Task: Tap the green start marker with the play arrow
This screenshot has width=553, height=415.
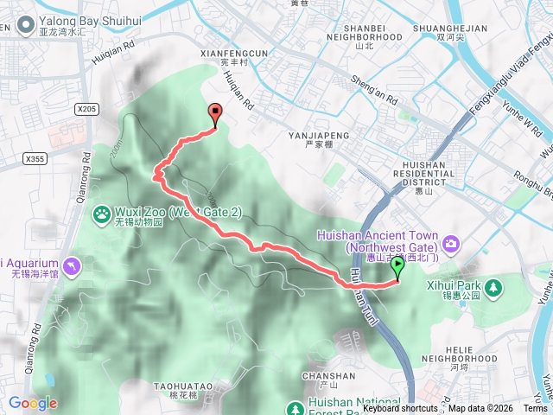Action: tap(397, 266)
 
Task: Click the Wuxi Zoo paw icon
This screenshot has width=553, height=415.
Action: tap(102, 212)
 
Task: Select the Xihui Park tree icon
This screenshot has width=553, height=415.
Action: tap(493, 285)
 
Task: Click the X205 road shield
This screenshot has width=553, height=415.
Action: tap(86, 109)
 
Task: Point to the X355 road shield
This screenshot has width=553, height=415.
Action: tap(35, 158)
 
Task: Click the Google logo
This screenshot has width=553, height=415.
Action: tap(33, 403)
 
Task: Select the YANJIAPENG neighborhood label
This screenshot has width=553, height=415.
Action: tap(320, 136)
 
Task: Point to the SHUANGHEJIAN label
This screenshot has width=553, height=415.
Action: tap(451, 29)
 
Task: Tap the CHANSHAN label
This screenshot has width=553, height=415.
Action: tap(328, 376)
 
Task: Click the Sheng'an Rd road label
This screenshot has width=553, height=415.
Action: tap(373, 84)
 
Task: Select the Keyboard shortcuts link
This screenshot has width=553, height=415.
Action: tap(400, 409)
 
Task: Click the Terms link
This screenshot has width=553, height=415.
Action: tap(535, 409)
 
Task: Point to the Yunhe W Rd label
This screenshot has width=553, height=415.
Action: tap(524, 125)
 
